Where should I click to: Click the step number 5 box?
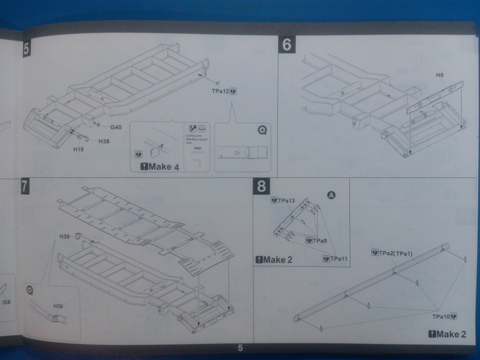(26, 49)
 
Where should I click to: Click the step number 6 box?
(287, 45)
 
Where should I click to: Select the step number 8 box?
(262, 186)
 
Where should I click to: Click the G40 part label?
(116, 127)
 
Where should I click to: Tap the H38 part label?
(104, 141)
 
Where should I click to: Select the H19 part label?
(79, 150)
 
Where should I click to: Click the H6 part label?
(440, 75)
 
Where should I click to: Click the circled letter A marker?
(331, 195)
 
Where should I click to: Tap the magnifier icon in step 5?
(262, 130)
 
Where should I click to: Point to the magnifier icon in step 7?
(30, 291)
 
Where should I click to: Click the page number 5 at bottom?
(240, 348)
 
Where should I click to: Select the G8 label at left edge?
(6, 302)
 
